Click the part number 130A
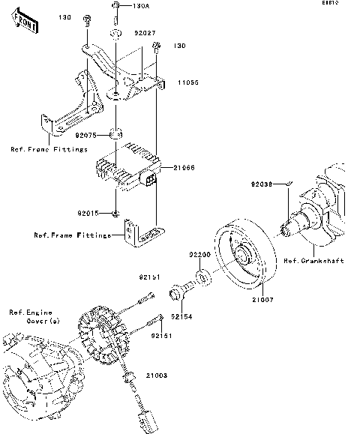(141, 6)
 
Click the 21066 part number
(185, 169)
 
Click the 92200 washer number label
(199, 254)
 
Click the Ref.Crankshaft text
(313, 261)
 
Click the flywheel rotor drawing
(244, 251)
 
